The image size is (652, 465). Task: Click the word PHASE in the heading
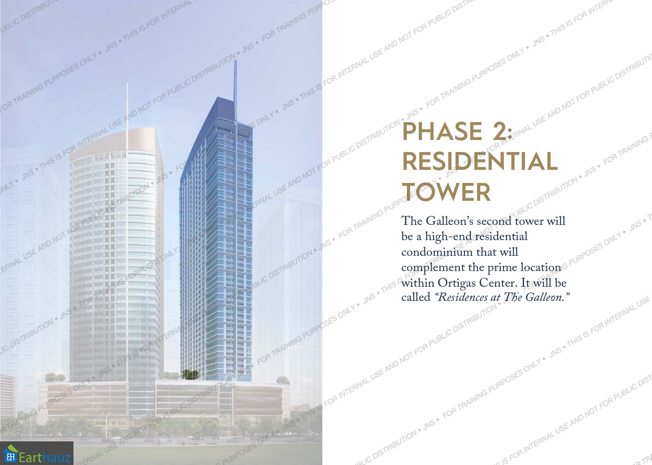(x=442, y=131)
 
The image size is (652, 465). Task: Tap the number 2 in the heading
(x=501, y=131)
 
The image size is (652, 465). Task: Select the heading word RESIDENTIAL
(x=480, y=161)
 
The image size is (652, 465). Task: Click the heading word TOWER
(x=447, y=192)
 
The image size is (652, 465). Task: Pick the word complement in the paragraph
(x=433, y=268)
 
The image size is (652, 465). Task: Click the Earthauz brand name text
(x=45, y=458)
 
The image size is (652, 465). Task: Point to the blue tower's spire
(x=236, y=90)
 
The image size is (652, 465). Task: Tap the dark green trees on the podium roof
(x=191, y=375)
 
